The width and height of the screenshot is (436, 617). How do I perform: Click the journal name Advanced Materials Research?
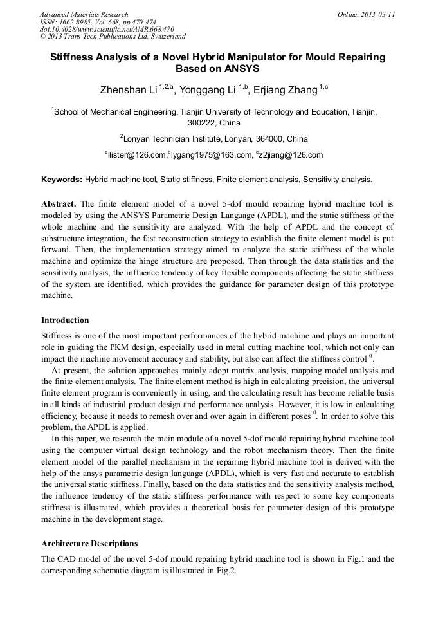point(84,14)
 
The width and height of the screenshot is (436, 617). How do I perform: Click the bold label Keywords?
point(62,180)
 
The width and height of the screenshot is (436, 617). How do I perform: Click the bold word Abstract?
point(59,203)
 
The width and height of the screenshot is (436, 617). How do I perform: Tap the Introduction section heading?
point(65,320)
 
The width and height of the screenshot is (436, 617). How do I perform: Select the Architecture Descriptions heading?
point(89,544)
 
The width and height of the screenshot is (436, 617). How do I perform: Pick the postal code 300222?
point(201,122)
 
